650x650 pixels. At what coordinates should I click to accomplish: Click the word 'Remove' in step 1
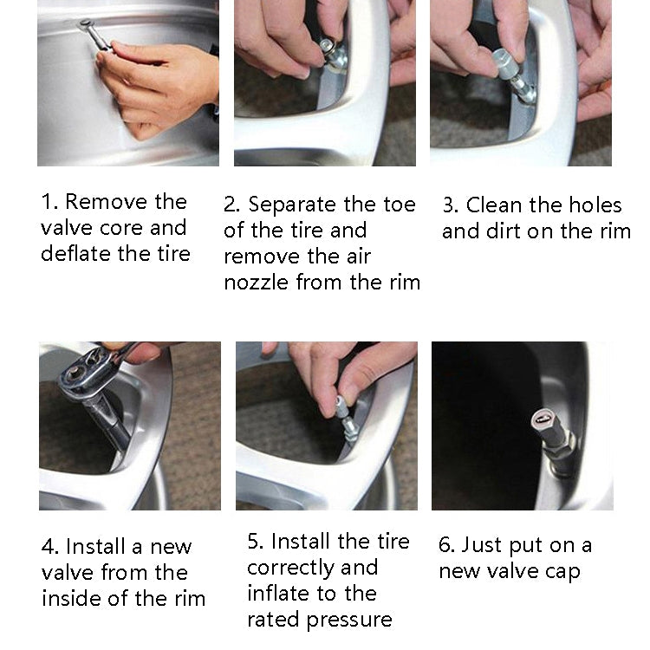pyautogui.click(x=107, y=202)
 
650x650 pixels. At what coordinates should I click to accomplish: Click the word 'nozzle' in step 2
pyautogui.click(x=257, y=283)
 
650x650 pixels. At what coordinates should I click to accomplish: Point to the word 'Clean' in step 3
pyautogui.click(x=494, y=205)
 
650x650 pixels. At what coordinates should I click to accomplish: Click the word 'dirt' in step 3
pyautogui.click(x=504, y=231)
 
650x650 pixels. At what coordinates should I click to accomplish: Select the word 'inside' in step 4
pyautogui.click(x=71, y=598)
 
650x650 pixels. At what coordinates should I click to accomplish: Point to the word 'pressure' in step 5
pyautogui.click(x=349, y=621)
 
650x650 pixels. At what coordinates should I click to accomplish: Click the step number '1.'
pyautogui.click(x=49, y=202)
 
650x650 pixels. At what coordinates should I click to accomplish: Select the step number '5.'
pyautogui.click(x=256, y=542)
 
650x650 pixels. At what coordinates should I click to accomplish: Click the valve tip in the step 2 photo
pyautogui.click(x=325, y=44)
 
